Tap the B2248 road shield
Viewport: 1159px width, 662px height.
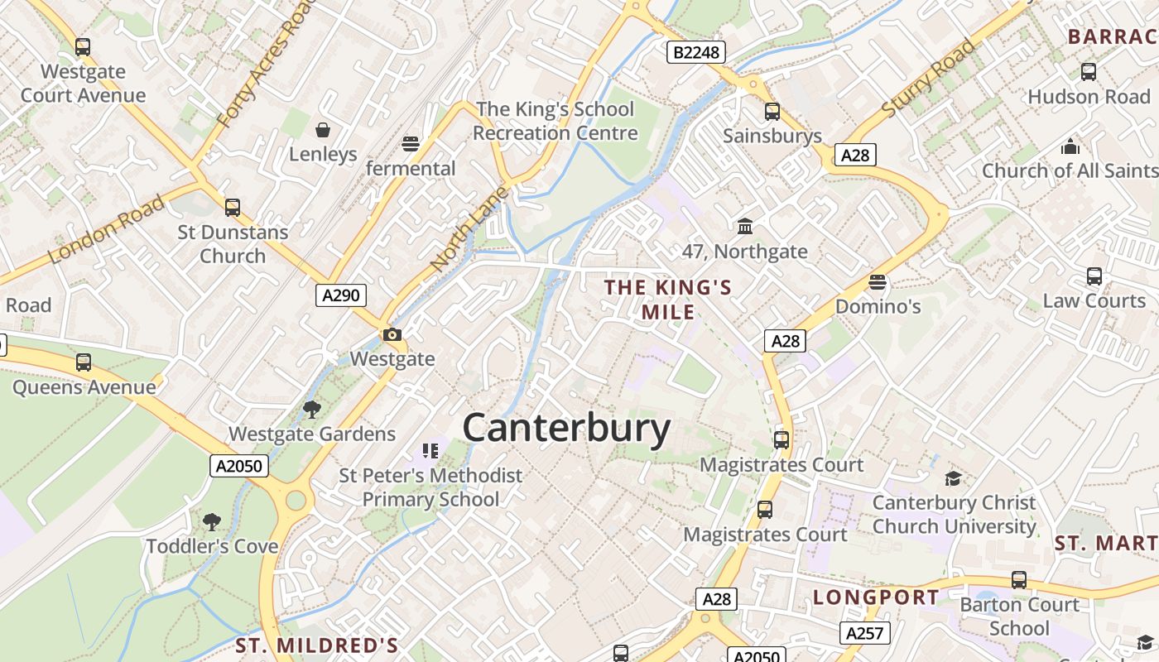pyautogui.click(x=696, y=53)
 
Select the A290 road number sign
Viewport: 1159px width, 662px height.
pyautogui.click(x=340, y=295)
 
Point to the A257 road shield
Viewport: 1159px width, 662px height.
pyautogui.click(x=865, y=634)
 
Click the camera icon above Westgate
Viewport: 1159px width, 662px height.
pyautogui.click(x=392, y=335)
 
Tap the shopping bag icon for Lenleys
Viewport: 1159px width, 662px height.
pyautogui.click(x=323, y=130)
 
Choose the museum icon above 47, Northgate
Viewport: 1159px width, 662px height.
pyautogui.click(x=745, y=226)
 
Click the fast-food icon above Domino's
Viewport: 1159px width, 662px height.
pyautogui.click(x=878, y=282)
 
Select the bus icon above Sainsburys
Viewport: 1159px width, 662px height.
pyautogui.click(x=772, y=112)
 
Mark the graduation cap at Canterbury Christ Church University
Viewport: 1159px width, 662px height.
pyautogui.click(x=954, y=478)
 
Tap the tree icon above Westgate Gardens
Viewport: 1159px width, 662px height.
pyautogui.click(x=312, y=409)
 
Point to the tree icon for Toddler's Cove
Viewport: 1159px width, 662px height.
pyautogui.click(x=212, y=521)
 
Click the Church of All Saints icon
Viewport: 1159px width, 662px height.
pyautogui.click(x=1070, y=146)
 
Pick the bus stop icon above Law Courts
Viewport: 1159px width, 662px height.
pyautogui.click(x=1094, y=276)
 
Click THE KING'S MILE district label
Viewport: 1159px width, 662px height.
pyautogui.click(x=668, y=300)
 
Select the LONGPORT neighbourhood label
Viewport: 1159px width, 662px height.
pyautogui.click(x=876, y=597)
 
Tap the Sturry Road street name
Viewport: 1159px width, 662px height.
pyautogui.click(x=928, y=77)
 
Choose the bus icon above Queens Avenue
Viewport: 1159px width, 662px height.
pyautogui.click(x=84, y=362)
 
